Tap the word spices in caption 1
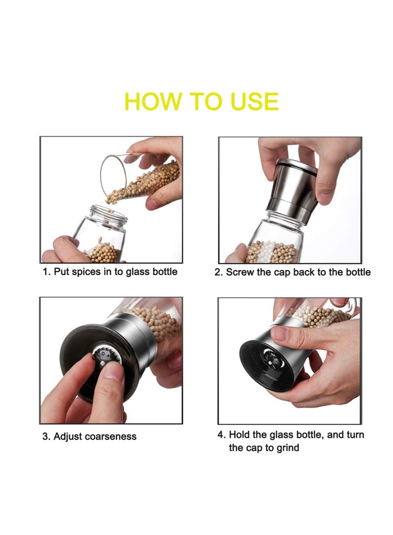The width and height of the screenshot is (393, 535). pyautogui.click(x=88, y=271)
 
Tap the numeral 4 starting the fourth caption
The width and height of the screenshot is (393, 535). pyautogui.click(x=221, y=434)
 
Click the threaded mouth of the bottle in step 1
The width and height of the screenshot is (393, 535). pyautogui.click(x=109, y=216)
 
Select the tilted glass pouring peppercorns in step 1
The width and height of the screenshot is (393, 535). pyautogui.click(x=140, y=179)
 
